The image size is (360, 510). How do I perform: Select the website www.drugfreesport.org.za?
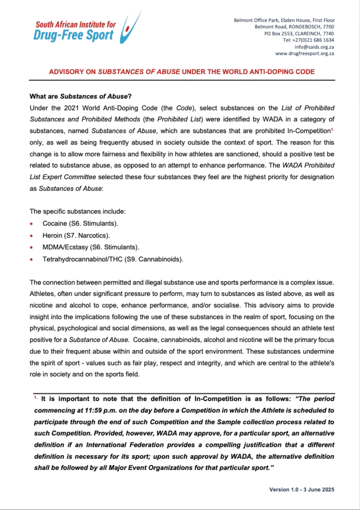pos(304,53)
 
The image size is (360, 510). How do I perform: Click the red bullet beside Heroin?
pos(32,235)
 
